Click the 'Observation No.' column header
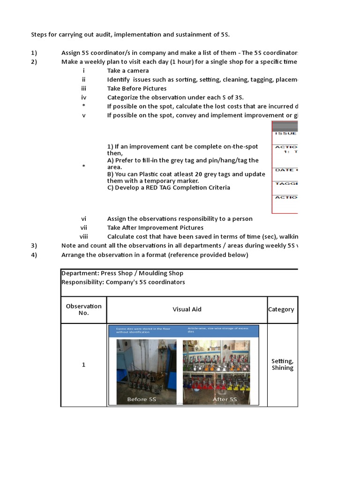[83, 309]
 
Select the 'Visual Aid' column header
[187, 309]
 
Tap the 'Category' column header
[281, 309]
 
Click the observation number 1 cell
[83, 365]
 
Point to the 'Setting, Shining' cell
[282, 364]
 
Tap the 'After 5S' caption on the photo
[225, 399]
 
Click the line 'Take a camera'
[128, 71]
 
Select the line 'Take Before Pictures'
[137, 89]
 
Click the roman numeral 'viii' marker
[83, 237]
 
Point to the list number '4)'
[34, 255]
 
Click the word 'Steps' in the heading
[40, 35]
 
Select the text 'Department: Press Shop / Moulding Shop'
[122, 273]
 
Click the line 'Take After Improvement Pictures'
[155, 228]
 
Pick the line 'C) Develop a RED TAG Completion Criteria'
[169, 187]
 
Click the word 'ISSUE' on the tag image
[285, 134]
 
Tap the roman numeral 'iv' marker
[83, 97]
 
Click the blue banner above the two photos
[184, 330]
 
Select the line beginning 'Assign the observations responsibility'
[180, 219]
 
